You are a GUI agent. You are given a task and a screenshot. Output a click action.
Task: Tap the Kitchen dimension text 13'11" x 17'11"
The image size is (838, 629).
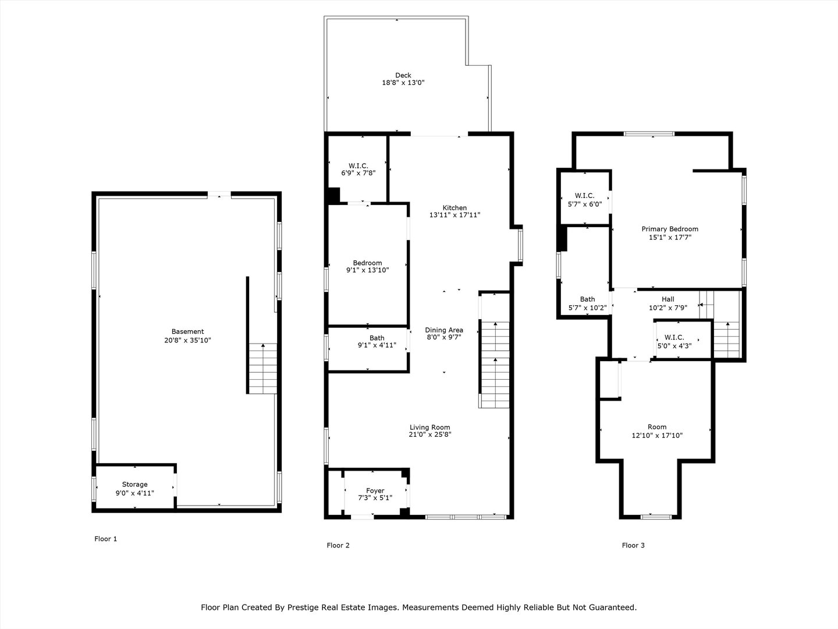coord(454,215)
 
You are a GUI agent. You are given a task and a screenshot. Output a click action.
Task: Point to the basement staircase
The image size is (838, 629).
coord(262,369)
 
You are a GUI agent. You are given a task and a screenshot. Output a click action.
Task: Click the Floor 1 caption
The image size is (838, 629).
coord(106,539)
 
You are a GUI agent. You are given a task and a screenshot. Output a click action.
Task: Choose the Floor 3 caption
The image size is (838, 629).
coord(633,545)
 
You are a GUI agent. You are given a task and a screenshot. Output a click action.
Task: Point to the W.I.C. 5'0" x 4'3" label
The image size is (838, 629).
coord(674,342)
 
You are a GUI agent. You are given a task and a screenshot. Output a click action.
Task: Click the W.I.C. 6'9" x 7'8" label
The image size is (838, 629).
coord(358,169)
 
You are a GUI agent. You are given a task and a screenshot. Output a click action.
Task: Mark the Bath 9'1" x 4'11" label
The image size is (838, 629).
coord(377,341)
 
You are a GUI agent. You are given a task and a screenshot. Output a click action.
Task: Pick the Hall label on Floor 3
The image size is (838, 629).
coord(668,299)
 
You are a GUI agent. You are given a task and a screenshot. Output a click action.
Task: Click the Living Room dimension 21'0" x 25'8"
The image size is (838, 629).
coord(430,434)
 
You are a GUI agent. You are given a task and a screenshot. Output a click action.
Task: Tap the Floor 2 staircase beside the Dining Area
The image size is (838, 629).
coord(495,365)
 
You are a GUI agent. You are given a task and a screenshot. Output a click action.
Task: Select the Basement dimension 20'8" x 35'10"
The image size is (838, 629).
coord(187,340)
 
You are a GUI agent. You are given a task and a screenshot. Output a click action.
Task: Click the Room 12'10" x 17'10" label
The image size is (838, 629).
coord(657,431)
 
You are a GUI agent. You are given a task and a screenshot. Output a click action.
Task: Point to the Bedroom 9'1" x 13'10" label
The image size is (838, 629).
coord(367,267)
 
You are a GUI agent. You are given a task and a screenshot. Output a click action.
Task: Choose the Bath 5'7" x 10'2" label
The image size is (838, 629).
coord(588,303)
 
